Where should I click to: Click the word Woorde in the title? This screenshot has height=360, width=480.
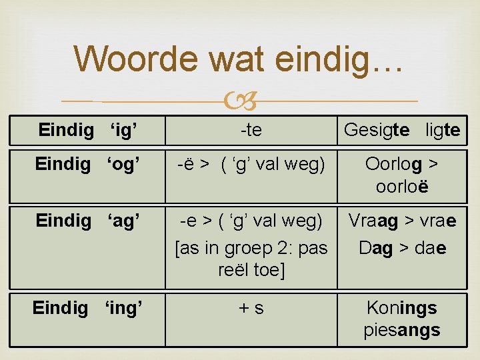tap(136, 59)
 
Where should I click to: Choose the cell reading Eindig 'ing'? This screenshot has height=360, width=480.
tap(87, 308)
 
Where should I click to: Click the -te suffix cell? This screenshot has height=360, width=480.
tap(251, 131)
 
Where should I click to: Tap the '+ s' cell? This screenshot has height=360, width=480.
tap(251, 308)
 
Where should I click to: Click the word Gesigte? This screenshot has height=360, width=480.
tap(377, 131)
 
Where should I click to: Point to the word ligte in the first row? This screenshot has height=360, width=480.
tap(443, 131)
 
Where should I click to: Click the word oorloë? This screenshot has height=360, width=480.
tap(401, 186)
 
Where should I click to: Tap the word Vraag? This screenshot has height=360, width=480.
tap(371, 221)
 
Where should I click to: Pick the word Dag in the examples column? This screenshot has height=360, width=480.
tap(376, 248)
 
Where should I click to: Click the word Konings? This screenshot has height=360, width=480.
tap(401, 308)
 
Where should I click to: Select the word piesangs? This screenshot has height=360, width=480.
tap(401, 330)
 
